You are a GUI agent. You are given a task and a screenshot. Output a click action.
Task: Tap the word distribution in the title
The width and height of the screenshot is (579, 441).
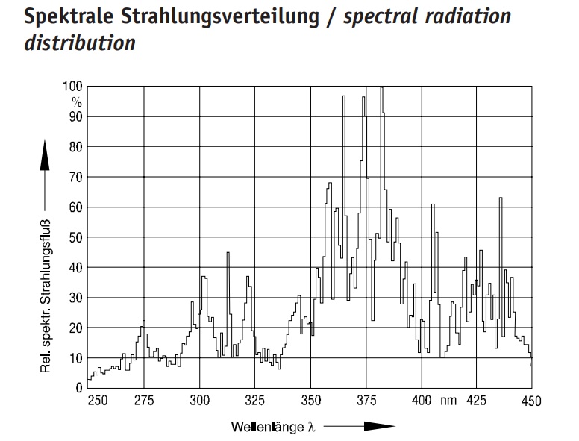[x=80, y=43]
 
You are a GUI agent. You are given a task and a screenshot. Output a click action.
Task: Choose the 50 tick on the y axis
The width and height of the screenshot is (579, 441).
[x=76, y=237]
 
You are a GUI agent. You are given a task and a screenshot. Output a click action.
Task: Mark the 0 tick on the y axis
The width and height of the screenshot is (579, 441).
[x=79, y=388]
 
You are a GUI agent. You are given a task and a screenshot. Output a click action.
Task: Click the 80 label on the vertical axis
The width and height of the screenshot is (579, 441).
[x=76, y=147]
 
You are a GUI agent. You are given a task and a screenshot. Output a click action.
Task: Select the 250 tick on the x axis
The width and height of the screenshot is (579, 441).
[x=98, y=401]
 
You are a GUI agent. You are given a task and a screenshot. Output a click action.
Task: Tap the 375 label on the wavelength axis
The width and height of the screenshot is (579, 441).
[x=366, y=401]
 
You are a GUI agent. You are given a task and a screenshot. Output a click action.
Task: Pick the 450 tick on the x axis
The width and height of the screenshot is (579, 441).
[x=531, y=401]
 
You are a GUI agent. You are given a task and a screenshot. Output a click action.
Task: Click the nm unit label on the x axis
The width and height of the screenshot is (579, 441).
[x=448, y=401]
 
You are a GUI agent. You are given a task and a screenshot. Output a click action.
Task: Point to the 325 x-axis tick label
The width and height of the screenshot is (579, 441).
[x=255, y=401]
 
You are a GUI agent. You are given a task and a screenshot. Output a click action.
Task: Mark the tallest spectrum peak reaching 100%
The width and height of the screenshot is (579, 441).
[x=381, y=88]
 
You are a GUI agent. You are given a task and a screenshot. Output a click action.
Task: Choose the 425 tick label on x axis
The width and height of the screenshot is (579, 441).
[x=477, y=401]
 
